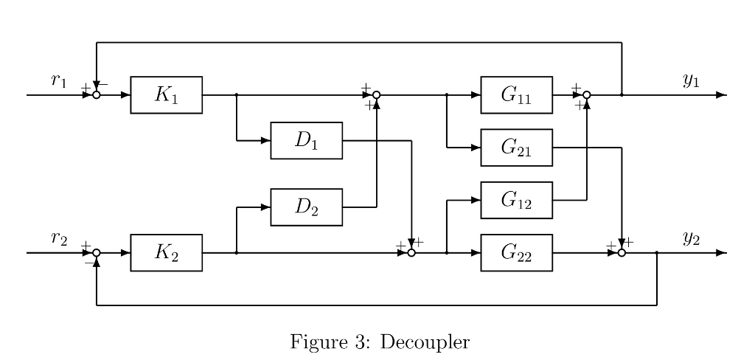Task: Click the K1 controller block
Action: [166, 95]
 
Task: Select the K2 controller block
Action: [166, 253]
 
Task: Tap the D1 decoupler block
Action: [307, 140]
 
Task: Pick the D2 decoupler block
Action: [307, 207]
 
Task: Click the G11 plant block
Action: [516, 95]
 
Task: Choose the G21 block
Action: [516, 148]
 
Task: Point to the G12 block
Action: [516, 200]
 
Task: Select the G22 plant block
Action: [516, 253]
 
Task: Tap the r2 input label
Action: [59, 238]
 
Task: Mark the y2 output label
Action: [690, 238]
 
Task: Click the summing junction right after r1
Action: [97, 95]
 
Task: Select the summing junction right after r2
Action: [97, 253]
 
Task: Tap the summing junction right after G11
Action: [587, 95]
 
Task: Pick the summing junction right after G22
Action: [622, 253]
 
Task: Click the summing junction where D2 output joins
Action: [376, 95]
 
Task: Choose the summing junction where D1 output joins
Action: [411, 253]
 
